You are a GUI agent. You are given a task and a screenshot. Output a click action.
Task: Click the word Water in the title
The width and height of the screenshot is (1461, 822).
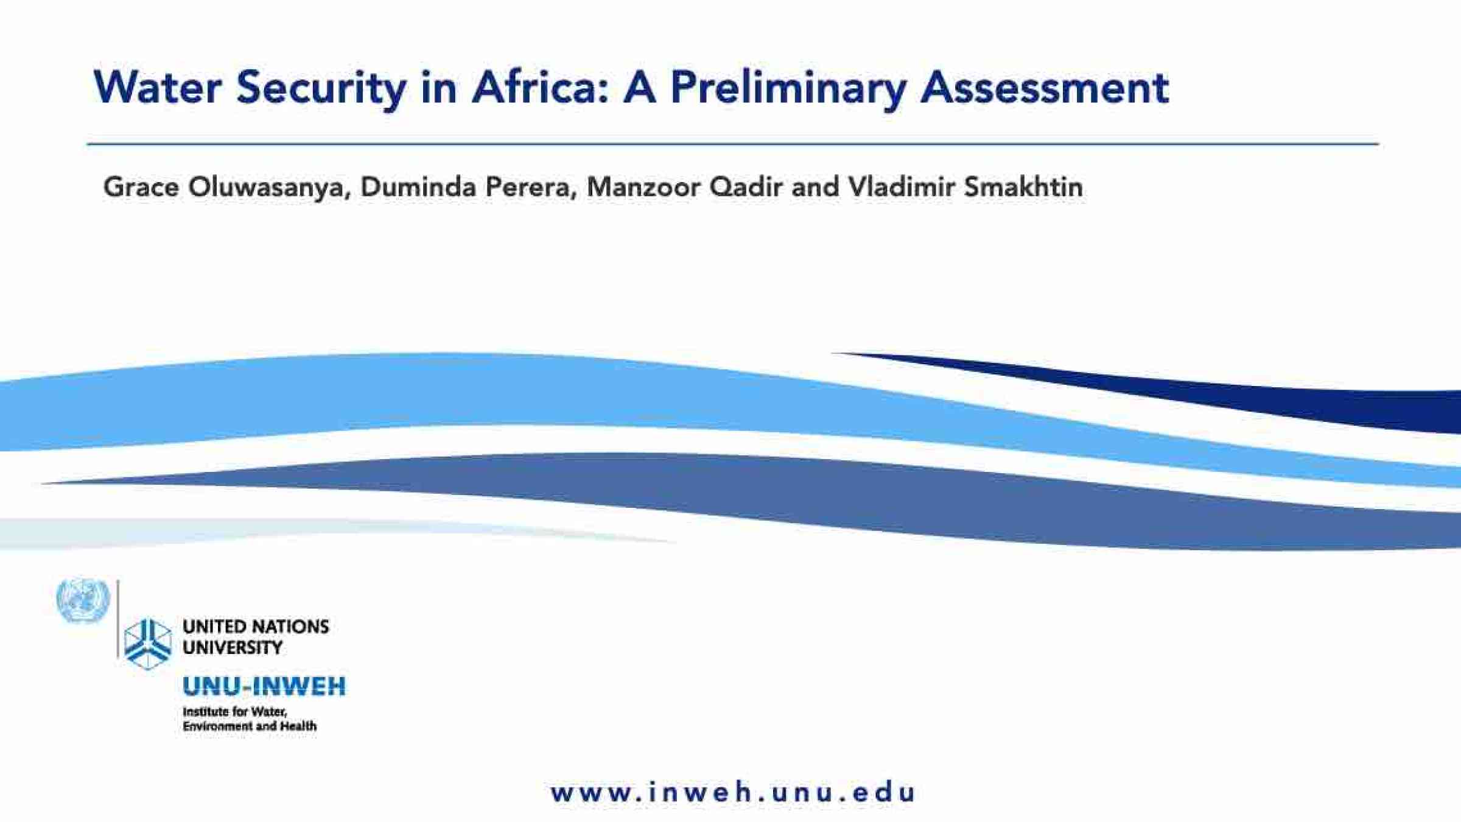pos(158,87)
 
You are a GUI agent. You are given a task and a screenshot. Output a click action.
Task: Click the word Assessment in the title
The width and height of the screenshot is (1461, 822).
pos(1045,88)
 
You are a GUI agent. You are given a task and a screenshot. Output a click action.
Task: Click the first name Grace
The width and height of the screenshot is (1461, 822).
pos(141,186)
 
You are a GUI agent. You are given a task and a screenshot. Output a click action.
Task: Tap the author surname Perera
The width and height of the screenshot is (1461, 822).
pos(531,187)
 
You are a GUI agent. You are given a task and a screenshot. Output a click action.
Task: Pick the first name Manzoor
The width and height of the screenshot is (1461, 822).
pos(643,186)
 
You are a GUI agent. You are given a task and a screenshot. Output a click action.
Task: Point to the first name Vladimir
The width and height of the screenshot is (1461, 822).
pos(902,186)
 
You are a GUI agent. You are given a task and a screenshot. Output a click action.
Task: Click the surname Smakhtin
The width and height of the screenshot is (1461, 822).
pos(1023,186)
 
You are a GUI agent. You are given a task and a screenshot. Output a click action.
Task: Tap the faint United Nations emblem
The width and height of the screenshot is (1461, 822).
pos(83,600)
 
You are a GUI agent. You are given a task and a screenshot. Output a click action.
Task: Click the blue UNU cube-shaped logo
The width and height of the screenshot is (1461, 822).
pos(148,644)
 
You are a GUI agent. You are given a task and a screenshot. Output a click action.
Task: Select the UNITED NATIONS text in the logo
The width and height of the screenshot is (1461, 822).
pos(256,627)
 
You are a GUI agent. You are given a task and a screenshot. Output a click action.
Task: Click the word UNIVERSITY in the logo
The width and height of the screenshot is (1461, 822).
pos(233,647)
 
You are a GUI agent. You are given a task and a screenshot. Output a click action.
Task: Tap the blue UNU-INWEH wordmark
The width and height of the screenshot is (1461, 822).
pos(264,686)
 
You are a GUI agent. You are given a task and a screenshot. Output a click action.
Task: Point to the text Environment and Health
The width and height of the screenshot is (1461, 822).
pos(250,726)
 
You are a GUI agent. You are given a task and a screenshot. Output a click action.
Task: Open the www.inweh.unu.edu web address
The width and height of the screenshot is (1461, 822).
pos(732,793)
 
